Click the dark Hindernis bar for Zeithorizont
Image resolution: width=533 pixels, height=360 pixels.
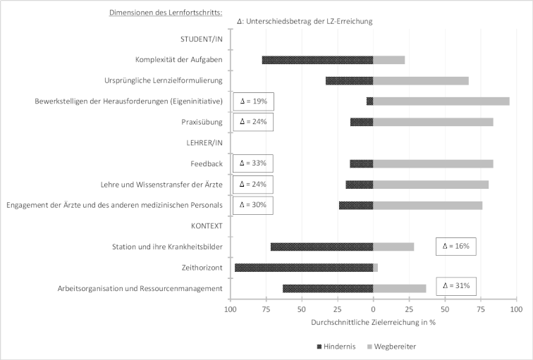(304, 268)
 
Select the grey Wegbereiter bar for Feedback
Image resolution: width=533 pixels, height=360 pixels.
(433, 163)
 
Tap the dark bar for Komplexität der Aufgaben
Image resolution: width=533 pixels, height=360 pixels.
(317, 60)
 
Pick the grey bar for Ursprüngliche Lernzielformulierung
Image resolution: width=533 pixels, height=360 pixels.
(421, 81)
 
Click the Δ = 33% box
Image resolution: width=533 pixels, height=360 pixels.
(253, 163)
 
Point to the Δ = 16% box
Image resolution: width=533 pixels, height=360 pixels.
(456, 247)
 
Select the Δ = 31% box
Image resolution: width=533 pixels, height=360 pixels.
(456, 286)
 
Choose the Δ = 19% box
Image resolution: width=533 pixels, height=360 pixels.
(254, 101)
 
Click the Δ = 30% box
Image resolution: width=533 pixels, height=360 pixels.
(253, 205)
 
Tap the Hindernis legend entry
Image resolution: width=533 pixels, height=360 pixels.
(336, 347)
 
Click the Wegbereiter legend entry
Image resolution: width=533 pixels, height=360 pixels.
(391, 347)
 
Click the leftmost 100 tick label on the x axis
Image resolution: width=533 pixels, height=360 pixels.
(231, 309)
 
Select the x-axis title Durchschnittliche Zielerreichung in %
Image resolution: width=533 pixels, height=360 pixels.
(373, 322)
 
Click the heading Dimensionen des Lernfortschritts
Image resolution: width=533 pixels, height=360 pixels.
(166, 13)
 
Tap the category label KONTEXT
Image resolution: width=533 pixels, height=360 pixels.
(207, 226)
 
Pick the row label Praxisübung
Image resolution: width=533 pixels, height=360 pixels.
(202, 122)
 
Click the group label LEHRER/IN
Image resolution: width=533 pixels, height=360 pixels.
(204, 142)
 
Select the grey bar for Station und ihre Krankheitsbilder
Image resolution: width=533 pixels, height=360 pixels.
(393, 247)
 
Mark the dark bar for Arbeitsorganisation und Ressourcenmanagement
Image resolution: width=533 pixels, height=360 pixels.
(328, 289)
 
